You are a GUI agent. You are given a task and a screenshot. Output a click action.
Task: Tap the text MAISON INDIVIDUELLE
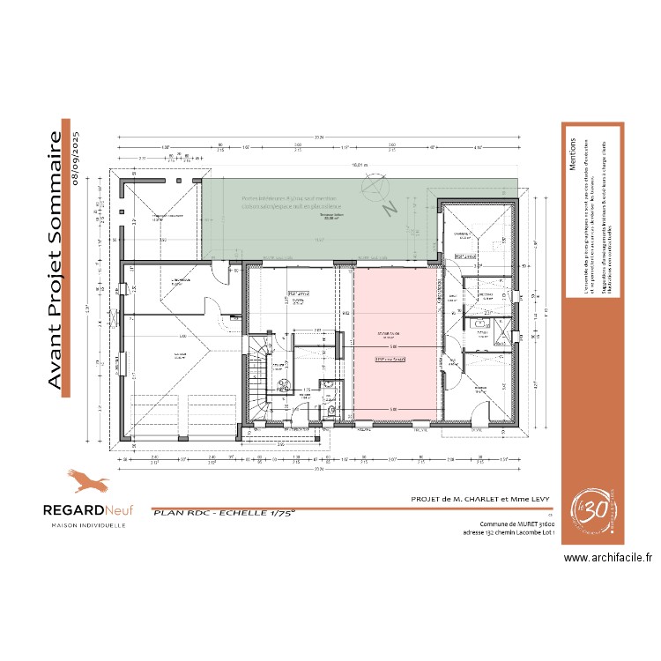pos(86,525)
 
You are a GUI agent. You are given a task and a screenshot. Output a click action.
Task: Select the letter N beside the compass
pos(386,209)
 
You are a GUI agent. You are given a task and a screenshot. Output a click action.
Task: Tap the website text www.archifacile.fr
pos(608,558)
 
